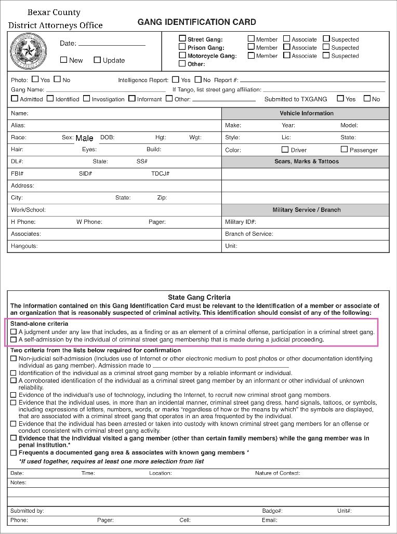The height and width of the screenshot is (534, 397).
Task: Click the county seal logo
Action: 25,50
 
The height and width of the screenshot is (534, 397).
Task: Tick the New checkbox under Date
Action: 64,60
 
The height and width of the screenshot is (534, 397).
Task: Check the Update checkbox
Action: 97,60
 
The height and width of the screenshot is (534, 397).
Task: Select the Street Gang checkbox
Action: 182,38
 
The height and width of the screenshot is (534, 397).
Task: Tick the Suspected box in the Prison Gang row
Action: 326,47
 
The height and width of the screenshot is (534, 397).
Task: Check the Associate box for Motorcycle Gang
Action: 287,55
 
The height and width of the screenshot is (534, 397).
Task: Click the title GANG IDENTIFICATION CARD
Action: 196,22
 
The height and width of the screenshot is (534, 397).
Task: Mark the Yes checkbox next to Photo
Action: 35,79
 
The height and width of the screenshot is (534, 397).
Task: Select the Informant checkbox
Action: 132,98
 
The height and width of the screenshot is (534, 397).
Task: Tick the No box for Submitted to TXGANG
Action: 367,98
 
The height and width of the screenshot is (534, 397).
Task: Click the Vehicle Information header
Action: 307,113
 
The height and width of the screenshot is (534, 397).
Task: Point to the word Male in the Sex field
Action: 84,138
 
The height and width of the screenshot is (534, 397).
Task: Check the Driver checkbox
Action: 285,149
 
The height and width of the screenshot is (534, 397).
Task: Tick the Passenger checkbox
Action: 344,149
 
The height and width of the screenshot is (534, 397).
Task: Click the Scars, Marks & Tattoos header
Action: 307,162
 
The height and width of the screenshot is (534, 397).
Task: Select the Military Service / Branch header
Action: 307,210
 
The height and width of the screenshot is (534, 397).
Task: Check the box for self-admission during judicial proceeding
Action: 14,339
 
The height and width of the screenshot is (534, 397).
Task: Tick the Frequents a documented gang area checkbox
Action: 14,452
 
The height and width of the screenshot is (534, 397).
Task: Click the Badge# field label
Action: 272,511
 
